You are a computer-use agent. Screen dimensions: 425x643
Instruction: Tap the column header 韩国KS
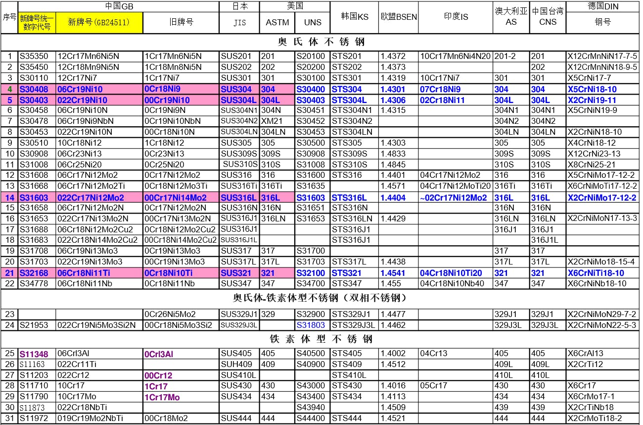[x=355, y=17]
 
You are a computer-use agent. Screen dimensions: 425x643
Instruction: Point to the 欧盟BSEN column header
[x=399, y=17]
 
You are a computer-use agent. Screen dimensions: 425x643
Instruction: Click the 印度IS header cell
[x=456, y=17]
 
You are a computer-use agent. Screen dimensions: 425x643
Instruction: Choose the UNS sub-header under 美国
[x=313, y=22]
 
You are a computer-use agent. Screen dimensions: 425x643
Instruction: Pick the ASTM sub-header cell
[x=277, y=22]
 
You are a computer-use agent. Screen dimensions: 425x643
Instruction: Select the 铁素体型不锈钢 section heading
[x=321, y=339]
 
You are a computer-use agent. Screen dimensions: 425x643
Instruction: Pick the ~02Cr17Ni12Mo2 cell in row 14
[x=455, y=198]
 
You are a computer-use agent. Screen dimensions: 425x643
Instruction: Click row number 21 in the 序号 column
[x=10, y=273]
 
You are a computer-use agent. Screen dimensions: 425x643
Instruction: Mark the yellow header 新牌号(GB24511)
[x=99, y=23]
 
